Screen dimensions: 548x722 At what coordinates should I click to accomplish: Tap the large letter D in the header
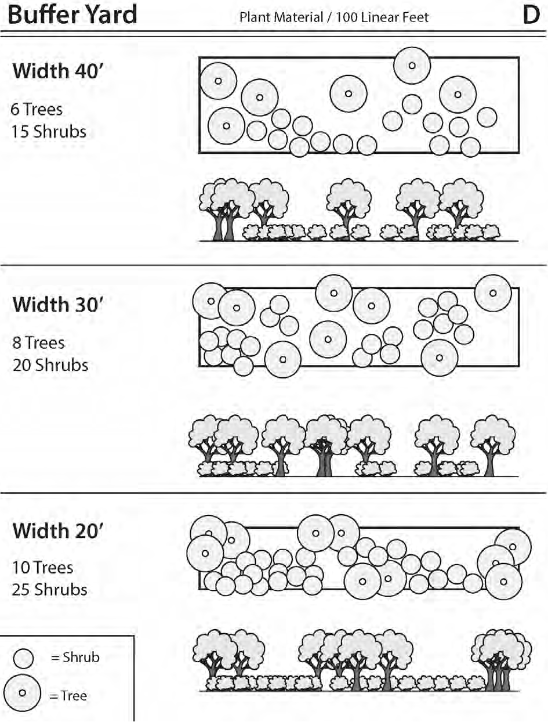pyautogui.click(x=531, y=16)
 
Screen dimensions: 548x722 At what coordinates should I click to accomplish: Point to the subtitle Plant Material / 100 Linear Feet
pyautogui.click(x=334, y=17)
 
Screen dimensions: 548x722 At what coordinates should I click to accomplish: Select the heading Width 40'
pyautogui.click(x=57, y=71)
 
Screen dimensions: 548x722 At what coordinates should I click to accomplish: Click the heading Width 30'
pyautogui.click(x=57, y=304)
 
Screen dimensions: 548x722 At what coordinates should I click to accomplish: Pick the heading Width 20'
pyautogui.click(x=57, y=530)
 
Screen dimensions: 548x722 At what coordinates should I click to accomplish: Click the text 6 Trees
pyautogui.click(x=37, y=109)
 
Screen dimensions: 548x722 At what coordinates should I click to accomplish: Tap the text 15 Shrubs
pyautogui.click(x=49, y=131)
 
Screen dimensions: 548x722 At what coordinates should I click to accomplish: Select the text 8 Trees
pyautogui.click(x=38, y=342)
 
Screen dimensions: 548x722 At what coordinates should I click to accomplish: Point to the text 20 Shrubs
pyautogui.click(x=50, y=365)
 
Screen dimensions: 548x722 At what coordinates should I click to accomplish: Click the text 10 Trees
pyautogui.click(x=42, y=567)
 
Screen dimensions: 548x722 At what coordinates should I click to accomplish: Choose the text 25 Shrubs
pyautogui.click(x=49, y=590)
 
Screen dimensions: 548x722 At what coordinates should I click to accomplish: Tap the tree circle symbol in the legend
pyautogui.click(x=22, y=693)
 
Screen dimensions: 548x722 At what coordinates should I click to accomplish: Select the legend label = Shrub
pyautogui.click(x=75, y=658)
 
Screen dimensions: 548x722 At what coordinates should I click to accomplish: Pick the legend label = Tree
pyautogui.click(x=68, y=695)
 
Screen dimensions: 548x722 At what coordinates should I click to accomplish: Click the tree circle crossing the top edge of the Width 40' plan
pyautogui.click(x=412, y=66)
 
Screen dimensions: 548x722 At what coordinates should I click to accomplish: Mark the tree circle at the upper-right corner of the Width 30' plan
pyautogui.click(x=493, y=293)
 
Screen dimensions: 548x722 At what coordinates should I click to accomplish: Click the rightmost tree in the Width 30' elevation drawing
pyautogui.click(x=492, y=444)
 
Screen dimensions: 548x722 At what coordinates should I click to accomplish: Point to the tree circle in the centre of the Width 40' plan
pyautogui.click(x=349, y=93)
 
